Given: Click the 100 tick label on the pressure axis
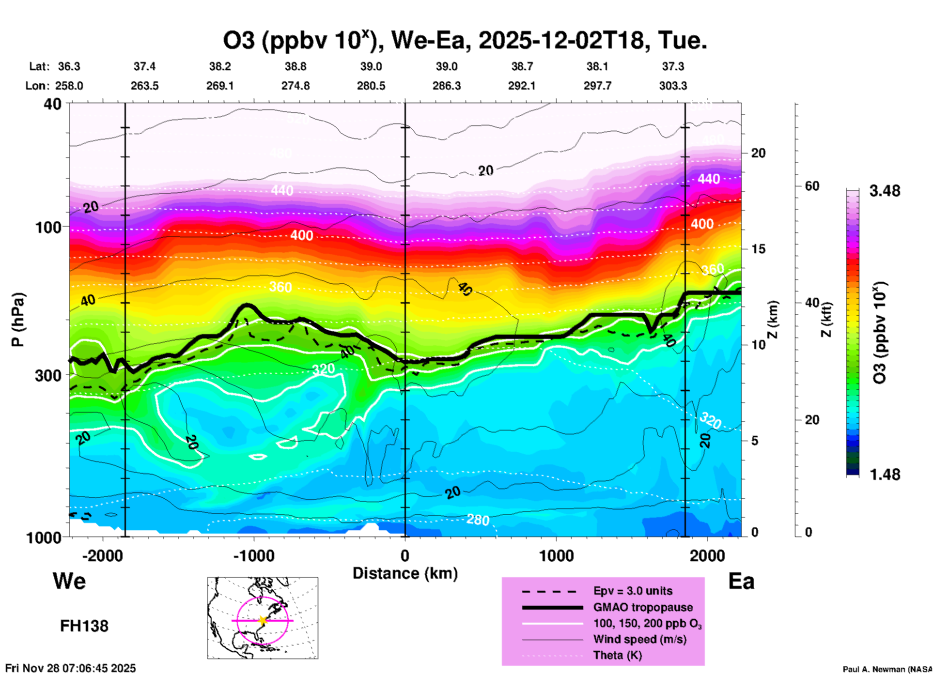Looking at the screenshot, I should (48, 227).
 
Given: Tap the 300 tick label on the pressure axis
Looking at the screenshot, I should (48, 375).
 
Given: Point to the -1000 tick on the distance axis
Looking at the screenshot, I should (254, 555).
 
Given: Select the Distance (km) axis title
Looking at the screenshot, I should (405, 573).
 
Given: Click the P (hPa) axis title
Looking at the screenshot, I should (18, 320).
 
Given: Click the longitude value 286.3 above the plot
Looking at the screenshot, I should (447, 86).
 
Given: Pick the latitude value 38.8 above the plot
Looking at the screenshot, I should (295, 66).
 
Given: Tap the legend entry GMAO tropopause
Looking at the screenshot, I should (643, 607).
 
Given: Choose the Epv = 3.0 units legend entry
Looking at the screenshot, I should (633, 591).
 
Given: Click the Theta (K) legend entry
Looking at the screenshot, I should (617, 655).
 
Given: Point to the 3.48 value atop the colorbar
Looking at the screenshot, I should (885, 191).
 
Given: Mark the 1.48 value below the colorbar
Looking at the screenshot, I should (885, 474).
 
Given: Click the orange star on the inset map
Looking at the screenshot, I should (263, 620).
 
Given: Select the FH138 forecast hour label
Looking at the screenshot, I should (84, 626).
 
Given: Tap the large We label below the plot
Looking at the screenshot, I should (69, 581).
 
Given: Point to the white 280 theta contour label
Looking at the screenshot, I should (478, 520).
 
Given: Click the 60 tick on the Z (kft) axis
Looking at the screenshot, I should (812, 186).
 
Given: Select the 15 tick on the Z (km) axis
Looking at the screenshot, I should (758, 249).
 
